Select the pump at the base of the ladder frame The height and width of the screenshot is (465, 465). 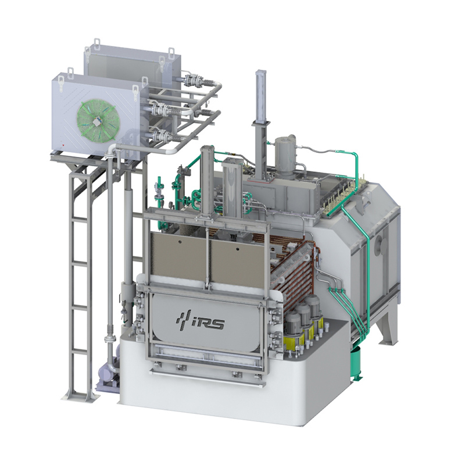tap(108, 376)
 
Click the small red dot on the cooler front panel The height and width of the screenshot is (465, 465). tap(63, 145)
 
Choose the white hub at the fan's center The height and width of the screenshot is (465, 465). tap(97, 121)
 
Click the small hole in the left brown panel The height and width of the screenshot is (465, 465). tap(180, 242)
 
